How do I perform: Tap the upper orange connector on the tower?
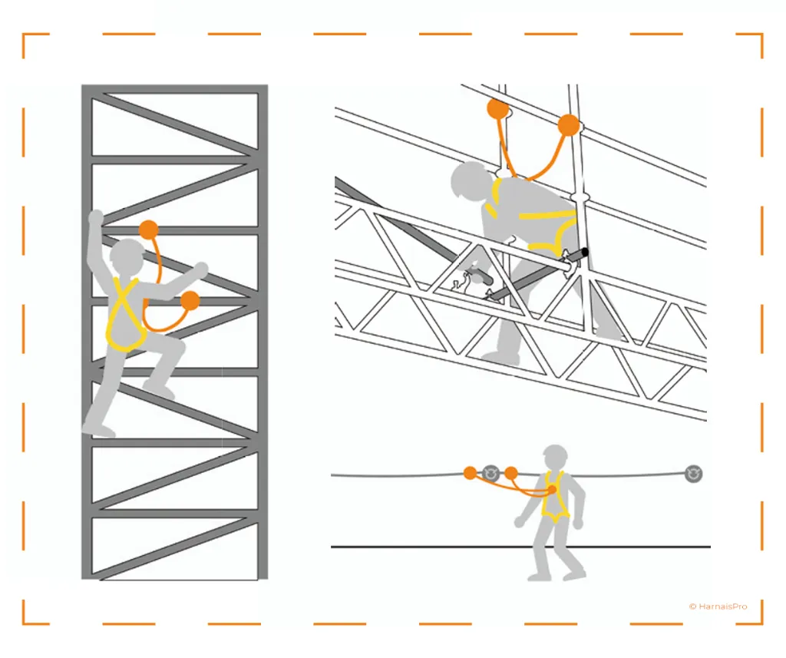(x=149, y=230)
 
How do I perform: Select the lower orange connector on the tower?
(x=190, y=300)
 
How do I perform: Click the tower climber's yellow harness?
(x=124, y=315)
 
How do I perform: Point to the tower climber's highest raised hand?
(x=96, y=217)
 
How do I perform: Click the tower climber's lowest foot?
(x=100, y=431)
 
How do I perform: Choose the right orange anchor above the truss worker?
(x=568, y=124)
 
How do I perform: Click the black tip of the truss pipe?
(x=585, y=251)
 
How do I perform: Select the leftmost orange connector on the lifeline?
(x=470, y=473)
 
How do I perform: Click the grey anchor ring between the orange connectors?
(x=491, y=473)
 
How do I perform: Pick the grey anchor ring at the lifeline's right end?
(x=693, y=474)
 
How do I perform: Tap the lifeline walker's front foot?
(x=573, y=572)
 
